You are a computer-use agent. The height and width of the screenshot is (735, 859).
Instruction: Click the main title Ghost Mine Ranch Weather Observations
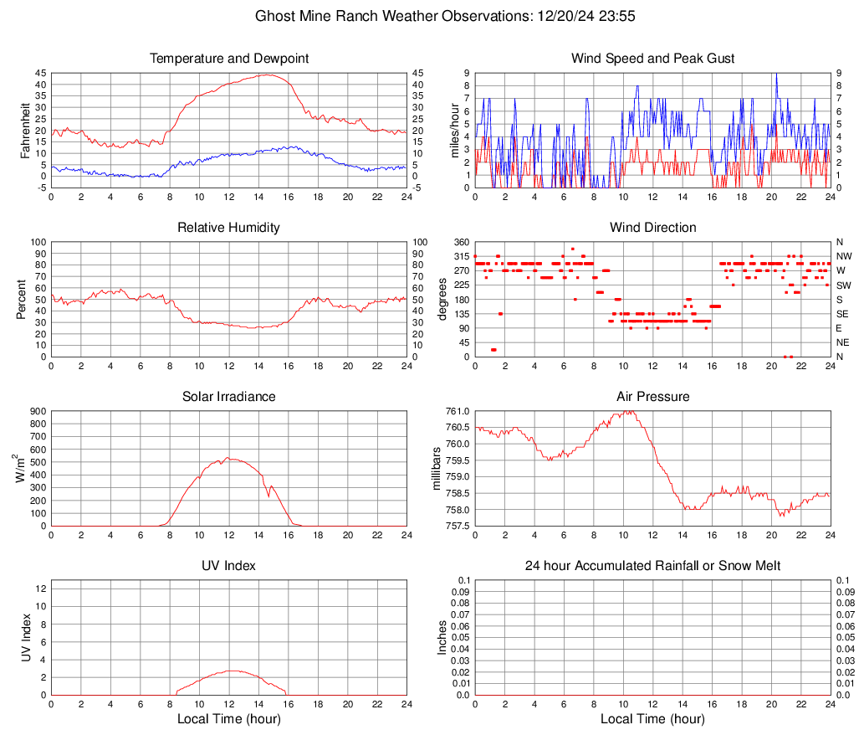coord(429,16)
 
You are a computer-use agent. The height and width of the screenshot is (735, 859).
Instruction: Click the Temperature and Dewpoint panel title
coord(229,59)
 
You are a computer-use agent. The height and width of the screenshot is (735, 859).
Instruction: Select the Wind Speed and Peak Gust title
coord(652,59)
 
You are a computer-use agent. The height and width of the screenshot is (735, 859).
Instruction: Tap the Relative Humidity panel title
coord(229,228)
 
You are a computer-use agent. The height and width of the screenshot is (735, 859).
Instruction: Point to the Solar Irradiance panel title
coord(229,396)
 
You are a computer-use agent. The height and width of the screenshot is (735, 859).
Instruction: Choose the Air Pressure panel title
coord(652,396)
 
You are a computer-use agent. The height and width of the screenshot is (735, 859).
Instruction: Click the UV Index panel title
coord(229,566)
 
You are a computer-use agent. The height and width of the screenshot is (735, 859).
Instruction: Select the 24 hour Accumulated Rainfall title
coord(652,566)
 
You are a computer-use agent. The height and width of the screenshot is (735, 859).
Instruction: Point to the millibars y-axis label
coord(436,469)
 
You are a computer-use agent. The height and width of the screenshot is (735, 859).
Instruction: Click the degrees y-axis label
coord(443,299)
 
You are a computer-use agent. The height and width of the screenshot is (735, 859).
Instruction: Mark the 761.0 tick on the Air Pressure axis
coord(458,411)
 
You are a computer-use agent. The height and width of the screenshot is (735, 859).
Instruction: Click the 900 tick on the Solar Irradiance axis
coord(37,411)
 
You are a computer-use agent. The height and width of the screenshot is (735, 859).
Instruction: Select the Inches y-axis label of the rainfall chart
coord(443,637)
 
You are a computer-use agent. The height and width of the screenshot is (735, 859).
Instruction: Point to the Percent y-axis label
coord(22,299)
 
